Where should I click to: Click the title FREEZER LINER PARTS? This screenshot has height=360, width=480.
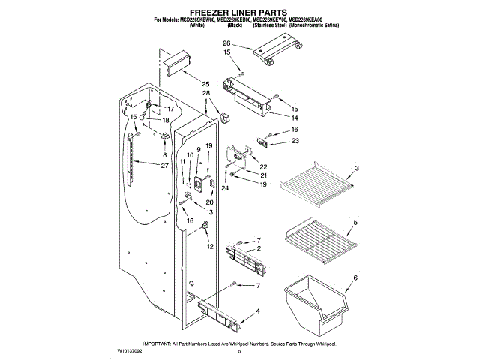click(x=239, y=13)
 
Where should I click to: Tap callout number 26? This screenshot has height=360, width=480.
click(x=226, y=43)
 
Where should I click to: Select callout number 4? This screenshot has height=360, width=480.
click(x=258, y=311)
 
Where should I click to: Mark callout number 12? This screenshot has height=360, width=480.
click(x=210, y=247)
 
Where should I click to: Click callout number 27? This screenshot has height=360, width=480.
click(x=163, y=165)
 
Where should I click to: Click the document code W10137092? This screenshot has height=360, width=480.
click(x=132, y=349)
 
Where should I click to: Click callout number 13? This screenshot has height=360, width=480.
click(x=209, y=213)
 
